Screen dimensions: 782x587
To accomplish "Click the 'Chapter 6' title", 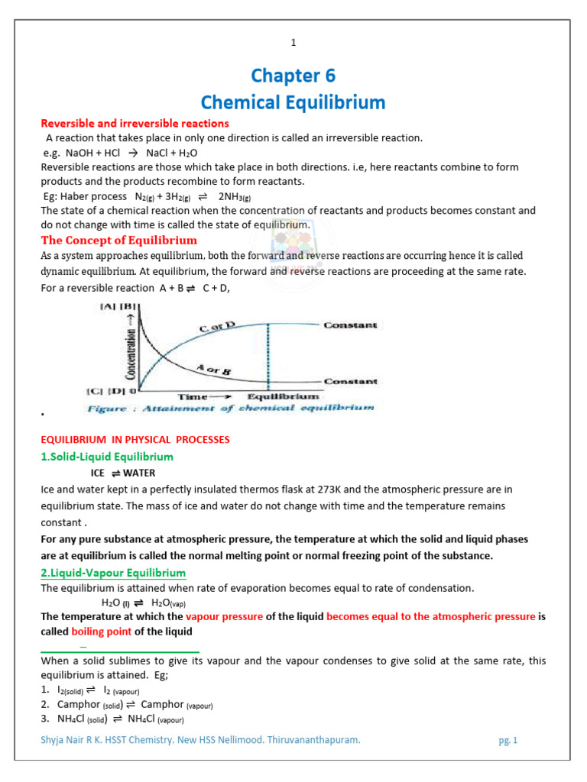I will coord(293,76).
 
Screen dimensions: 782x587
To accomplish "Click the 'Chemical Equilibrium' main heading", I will coord(293,102).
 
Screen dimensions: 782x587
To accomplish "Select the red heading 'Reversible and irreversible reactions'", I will coord(135,123).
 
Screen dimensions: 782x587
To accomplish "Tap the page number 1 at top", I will coord(293,43).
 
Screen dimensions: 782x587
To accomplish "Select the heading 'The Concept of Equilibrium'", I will coord(118,240).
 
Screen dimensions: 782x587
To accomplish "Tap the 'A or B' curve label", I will coord(213,369).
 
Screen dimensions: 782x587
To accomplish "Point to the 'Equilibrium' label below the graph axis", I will coord(283,396).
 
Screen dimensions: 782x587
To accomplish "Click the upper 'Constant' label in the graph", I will coord(350,325).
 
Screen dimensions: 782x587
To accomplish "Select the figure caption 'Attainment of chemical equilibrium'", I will coord(231,409).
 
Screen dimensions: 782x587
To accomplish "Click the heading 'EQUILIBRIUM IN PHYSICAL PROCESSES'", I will coord(135,440).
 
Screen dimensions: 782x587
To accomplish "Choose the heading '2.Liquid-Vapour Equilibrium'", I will coord(113,573).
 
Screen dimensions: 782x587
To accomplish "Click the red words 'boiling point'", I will coord(102,632).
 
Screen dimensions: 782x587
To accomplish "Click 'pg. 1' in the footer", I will coord(507,740).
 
